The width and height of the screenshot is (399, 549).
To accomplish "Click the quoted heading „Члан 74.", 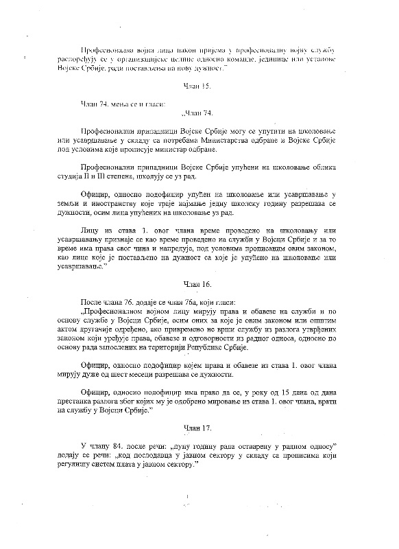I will tap(199, 112).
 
